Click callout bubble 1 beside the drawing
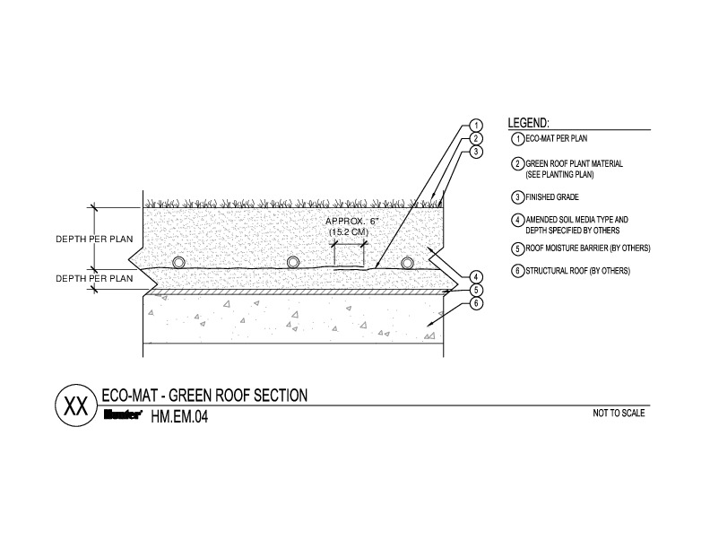point(475,125)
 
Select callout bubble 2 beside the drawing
point(475,138)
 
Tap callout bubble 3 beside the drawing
point(475,152)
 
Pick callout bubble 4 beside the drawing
point(476,277)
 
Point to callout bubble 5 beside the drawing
point(476,290)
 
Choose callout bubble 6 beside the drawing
point(476,303)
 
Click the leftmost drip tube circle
point(179,263)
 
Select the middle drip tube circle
point(293,263)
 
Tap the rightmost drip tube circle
point(408,263)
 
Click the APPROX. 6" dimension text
point(351,222)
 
